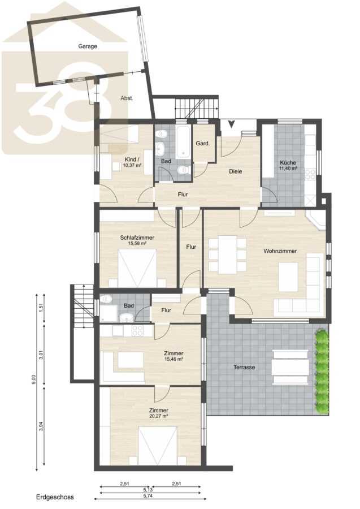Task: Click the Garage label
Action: pyautogui.click(x=88, y=46)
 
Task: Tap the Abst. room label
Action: pyautogui.click(x=127, y=98)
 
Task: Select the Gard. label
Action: pyautogui.click(x=203, y=143)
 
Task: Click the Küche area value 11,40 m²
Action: pyautogui.click(x=288, y=169)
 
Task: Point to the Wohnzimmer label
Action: pyautogui.click(x=280, y=251)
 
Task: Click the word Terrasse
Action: pyautogui.click(x=244, y=367)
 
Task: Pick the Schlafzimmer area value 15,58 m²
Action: pyautogui.click(x=137, y=243)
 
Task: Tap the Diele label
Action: pyautogui.click(x=236, y=171)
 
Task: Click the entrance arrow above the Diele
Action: pyautogui.click(x=232, y=124)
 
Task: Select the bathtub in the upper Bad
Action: pyautogui.click(x=184, y=142)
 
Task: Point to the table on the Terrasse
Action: pyautogui.click(x=290, y=366)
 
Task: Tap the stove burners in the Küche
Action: pyautogui.click(x=310, y=175)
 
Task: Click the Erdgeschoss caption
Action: pyautogui.click(x=55, y=497)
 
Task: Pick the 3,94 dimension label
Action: pyautogui.click(x=41, y=426)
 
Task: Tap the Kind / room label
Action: pyautogui.click(x=132, y=159)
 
